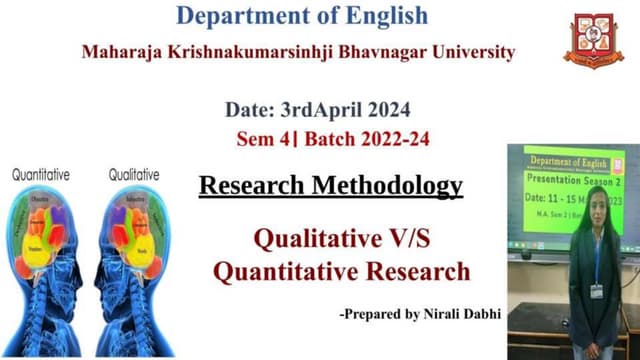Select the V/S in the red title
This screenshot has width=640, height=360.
pyautogui.click(x=408, y=240)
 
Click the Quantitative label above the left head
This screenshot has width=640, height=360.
pyautogui.click(x=41, y=174)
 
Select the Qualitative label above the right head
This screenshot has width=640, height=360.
pyautogui.click(x=133, y=174)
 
